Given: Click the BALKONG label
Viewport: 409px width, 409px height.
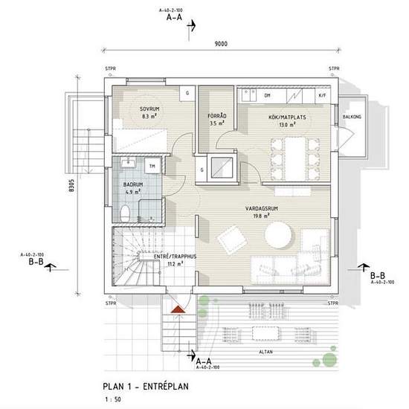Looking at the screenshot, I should [352, 117].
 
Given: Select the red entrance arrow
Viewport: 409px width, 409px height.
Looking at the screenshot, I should [177, 305].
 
